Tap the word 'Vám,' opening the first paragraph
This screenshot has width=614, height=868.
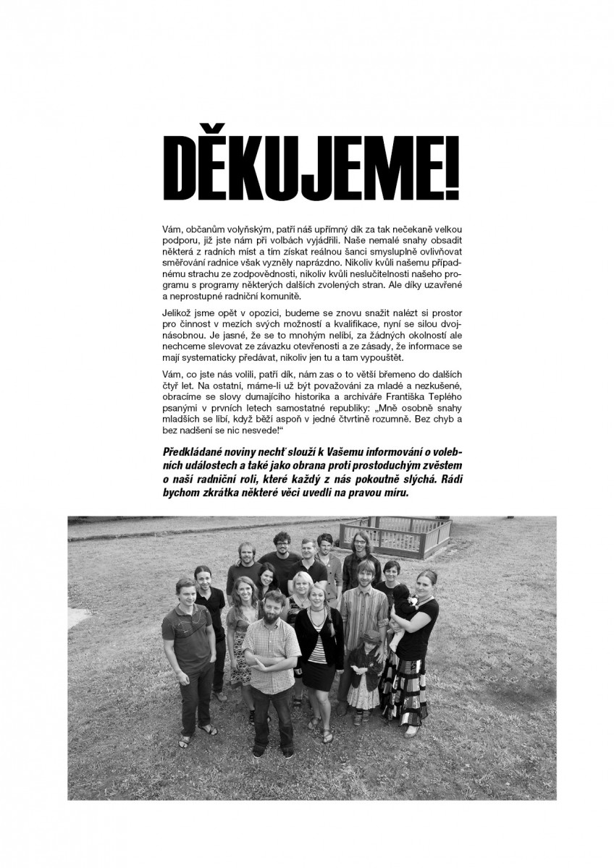(173, 229)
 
